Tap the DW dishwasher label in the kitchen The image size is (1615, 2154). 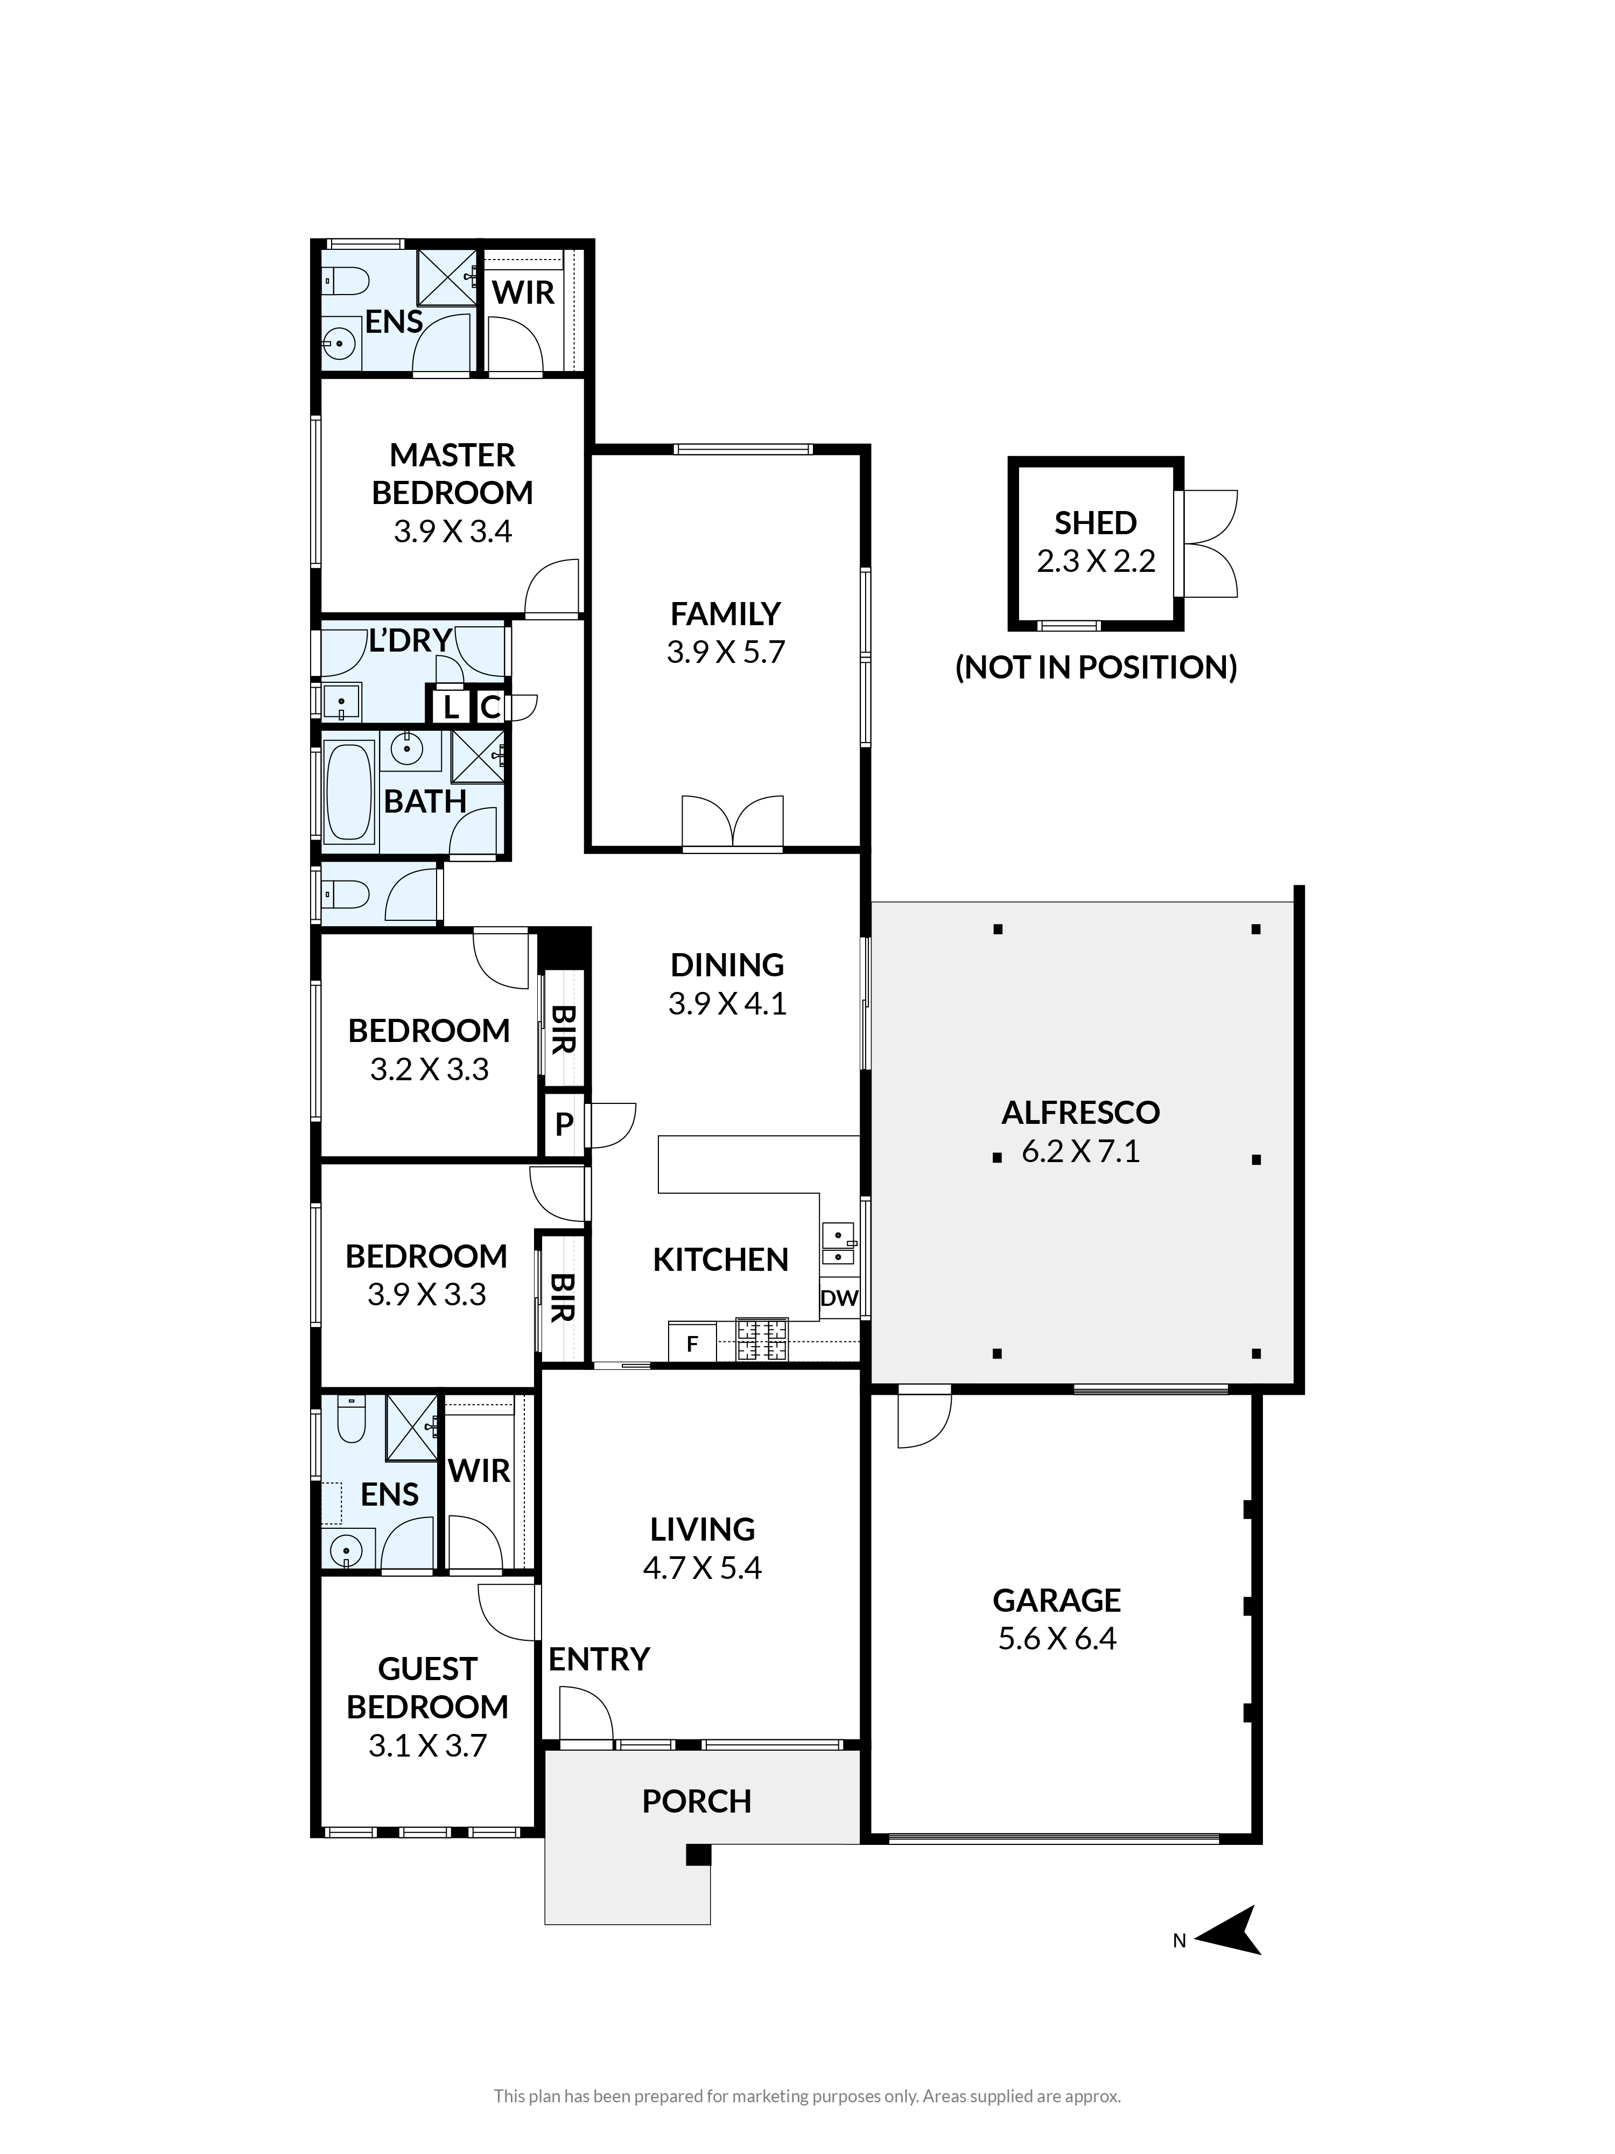(x=839, y=1298)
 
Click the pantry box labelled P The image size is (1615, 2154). (x=564, y=1125)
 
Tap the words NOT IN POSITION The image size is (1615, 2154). (x=1096, y=667)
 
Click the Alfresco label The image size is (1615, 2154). (x=1080, y=1112)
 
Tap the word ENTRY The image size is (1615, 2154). (x=599, y=1659)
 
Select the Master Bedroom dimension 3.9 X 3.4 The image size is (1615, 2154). (x=453, y=531)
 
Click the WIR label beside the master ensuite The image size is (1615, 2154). (x=523, y=292)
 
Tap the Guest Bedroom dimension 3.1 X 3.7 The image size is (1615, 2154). (x=427, y=1746)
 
